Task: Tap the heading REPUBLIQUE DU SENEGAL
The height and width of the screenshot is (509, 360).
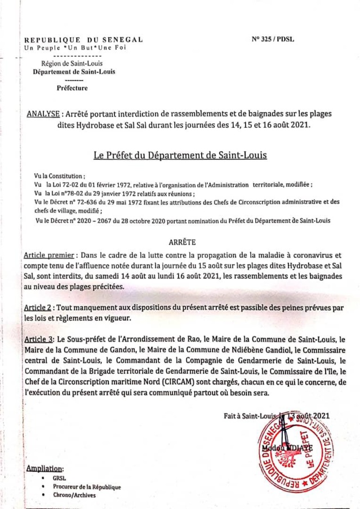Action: pos(83,40)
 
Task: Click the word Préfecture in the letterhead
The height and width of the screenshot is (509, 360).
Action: pos(72,88)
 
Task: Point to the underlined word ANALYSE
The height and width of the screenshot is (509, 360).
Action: pos(43,114)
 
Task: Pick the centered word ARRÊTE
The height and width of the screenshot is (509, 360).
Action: pos(182,242)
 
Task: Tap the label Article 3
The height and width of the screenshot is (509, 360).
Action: pos(39,340)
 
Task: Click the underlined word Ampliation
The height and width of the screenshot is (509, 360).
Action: pos(45,468)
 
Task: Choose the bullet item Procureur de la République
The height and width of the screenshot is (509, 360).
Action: pos(87,487)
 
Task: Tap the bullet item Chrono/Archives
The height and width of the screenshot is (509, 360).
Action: pos(74,495)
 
